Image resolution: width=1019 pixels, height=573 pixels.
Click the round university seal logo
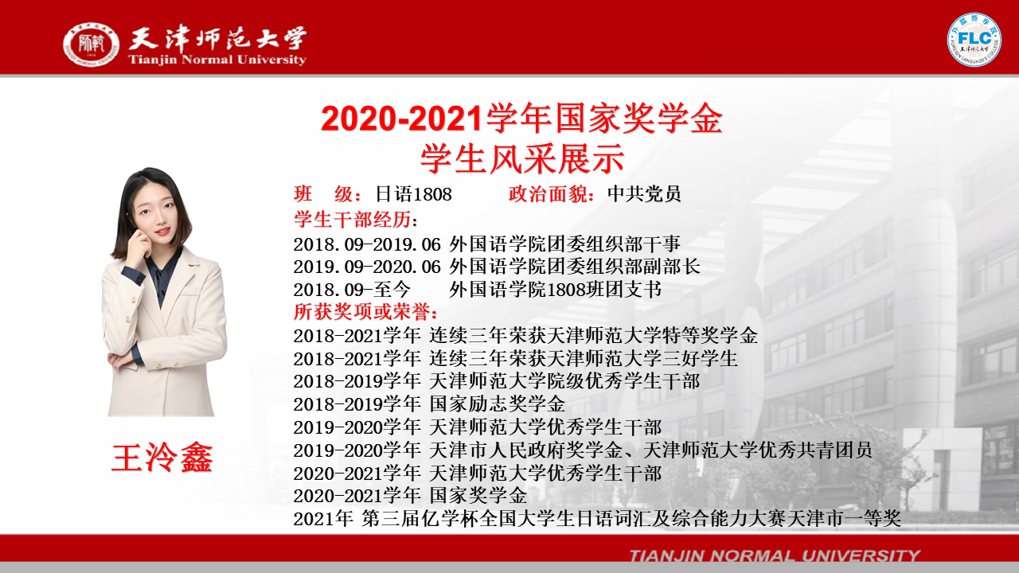[x=91, y=44]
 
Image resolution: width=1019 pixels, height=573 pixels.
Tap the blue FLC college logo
[x=974, y=40]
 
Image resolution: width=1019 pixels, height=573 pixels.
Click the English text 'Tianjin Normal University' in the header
[x=217, y=60]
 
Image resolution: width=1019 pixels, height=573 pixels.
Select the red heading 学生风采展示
[x=521, y=158]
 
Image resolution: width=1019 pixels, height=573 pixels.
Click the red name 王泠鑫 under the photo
[x=162, y=458]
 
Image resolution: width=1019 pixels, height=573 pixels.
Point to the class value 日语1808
[x=413, y=194]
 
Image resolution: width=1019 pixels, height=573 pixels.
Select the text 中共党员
[x=644, y=194]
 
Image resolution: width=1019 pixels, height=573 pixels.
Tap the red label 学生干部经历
[x=353, y=220]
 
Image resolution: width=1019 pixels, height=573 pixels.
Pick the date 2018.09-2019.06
[x=367, y=244]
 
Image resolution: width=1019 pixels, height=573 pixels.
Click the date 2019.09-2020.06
[x=367, y=267]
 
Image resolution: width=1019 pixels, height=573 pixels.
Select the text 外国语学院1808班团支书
[x=555, y=290]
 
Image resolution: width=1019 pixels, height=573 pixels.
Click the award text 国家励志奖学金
[x=498, y=404]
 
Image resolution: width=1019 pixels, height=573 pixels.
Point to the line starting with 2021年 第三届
[x=597, y=519]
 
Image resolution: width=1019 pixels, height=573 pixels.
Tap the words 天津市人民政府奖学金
[x=526, y=450]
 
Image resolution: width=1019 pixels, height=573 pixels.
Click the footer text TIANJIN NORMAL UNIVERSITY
[x=775, y=555]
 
